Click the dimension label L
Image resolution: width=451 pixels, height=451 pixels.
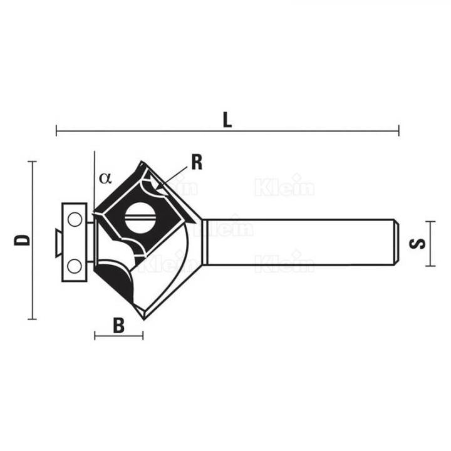click(x=227, y=120)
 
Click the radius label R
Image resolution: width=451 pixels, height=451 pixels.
click(x=197, y=162)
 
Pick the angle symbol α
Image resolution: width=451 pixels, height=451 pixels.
click(x=105, y=179)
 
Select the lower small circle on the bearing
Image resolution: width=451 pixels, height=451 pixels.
click(x=75, y=265)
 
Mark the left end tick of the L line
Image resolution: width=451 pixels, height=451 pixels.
click(x=56, y=131)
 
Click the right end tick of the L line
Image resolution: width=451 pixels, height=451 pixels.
click(x=398, y=131)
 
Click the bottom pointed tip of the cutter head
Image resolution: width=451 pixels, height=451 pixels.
click(x=144, y=318)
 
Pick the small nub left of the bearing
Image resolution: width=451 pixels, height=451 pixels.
click(x=57, y=242)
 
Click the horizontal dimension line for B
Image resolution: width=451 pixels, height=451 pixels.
click(x=118, y=336)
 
